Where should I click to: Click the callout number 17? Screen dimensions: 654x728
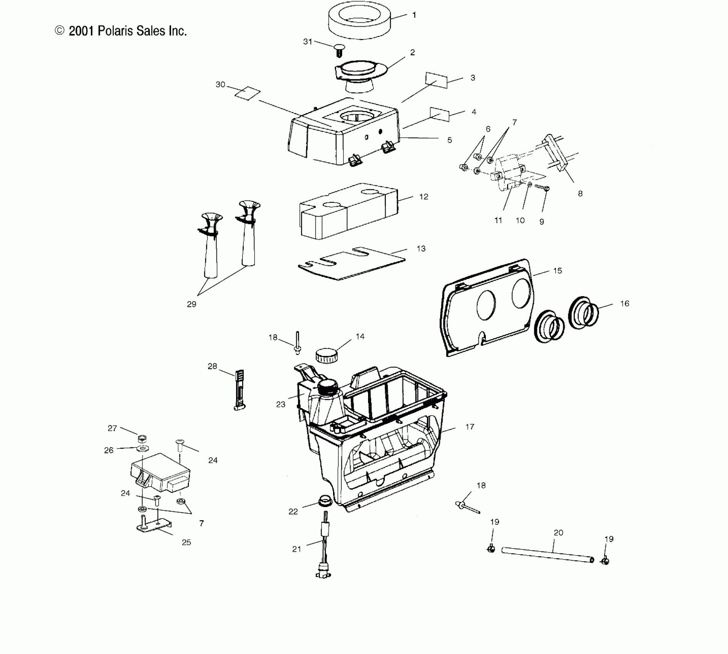470,427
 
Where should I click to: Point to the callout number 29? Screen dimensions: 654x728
191,304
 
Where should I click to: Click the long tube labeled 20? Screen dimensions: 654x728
547,556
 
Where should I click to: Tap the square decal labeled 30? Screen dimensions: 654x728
248,93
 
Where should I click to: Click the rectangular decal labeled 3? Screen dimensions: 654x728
437,80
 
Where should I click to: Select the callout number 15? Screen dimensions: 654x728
557,270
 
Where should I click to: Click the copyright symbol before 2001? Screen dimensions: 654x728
60,31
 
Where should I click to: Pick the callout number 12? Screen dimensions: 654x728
423,197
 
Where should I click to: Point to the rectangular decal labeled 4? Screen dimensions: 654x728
440,114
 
